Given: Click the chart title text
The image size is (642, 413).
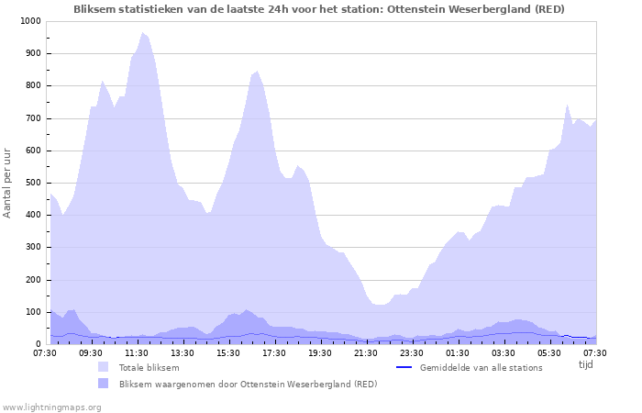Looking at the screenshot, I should click(x=319, y=9).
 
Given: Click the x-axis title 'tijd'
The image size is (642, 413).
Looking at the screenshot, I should click(x=585, y=364).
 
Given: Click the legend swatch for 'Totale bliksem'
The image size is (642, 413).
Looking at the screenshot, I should click(x=103, y=367).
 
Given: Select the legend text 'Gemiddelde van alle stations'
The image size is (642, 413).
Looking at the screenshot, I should click(x=481, y=368).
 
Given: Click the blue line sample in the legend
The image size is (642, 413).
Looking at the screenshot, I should click(x=404, y=367).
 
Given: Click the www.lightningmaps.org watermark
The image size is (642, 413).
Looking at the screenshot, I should click(x=51, y=407).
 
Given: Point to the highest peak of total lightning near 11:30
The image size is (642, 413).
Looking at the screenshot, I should click(x=142, y=33).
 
